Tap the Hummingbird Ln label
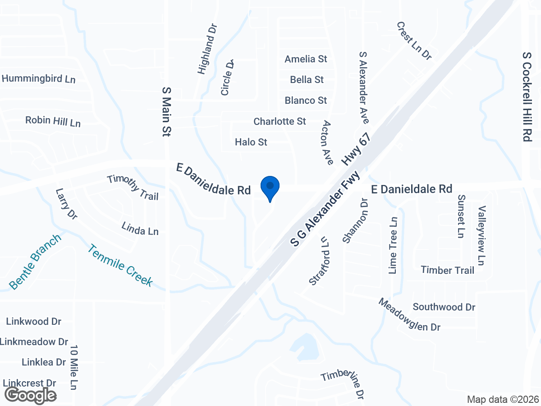[38, 78]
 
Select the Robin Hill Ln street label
[53, 121]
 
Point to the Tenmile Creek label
[120, 265]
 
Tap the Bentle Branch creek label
[35, 262]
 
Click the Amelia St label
[306, 59]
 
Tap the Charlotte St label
[280, 121]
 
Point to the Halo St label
[251, 142]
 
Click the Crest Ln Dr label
[414, 41]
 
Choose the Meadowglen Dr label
[409, 315]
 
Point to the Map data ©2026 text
[503, 399]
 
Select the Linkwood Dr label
[33, 322]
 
